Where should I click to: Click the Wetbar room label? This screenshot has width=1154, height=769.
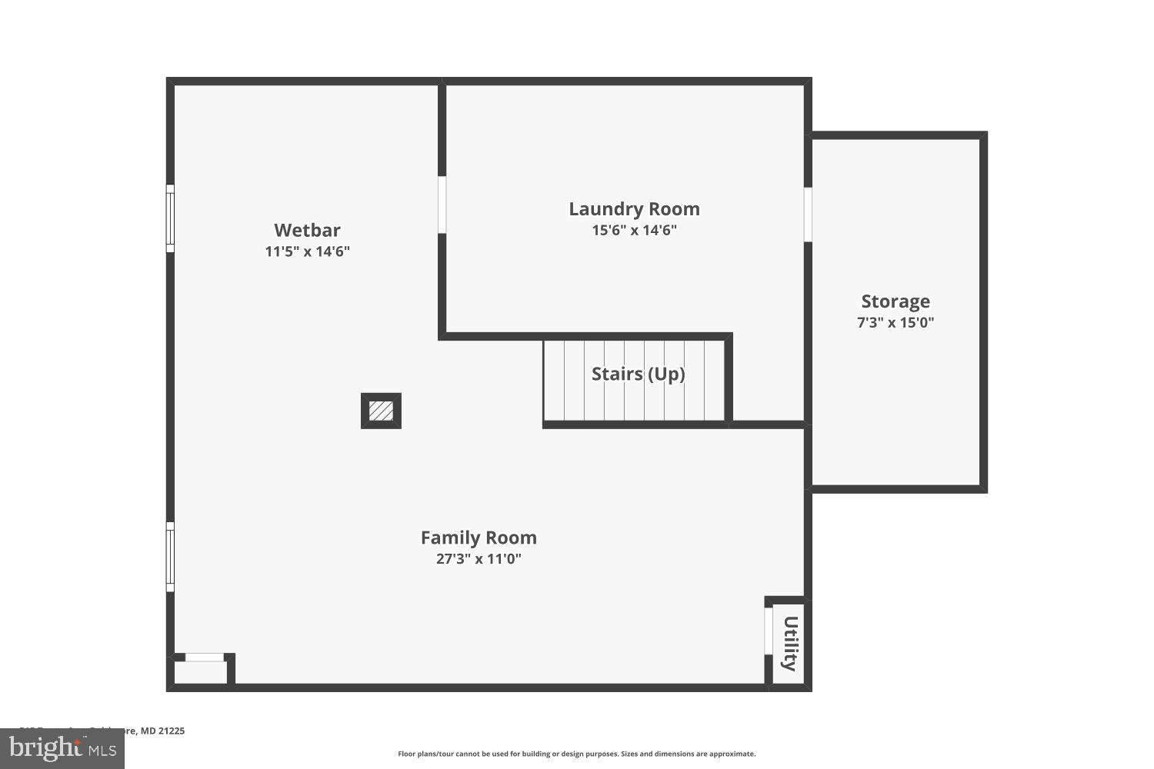point(307,230)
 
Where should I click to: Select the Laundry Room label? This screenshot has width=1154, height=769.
point(634,208)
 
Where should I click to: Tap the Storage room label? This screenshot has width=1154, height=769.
point(895,301)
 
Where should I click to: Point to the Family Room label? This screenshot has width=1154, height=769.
point(479,538)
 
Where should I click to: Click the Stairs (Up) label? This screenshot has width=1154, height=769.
point(638,374)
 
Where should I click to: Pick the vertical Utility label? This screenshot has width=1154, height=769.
point(789,643)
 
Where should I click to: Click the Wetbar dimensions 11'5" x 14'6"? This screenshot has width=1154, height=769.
point(307,251)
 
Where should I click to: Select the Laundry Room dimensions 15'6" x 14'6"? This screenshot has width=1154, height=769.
point(634,230)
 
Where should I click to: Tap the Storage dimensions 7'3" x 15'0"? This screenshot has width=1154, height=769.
point(895,323)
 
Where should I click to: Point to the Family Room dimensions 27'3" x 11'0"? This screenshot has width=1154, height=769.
point(479,559)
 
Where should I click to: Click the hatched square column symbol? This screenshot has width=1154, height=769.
point(381,411)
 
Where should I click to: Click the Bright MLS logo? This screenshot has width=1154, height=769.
point(62,747)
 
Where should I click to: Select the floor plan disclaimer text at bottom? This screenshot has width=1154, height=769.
point(576,754)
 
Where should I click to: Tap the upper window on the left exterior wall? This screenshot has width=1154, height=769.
point(170,218)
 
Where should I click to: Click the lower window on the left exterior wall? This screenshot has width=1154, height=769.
point(170,557)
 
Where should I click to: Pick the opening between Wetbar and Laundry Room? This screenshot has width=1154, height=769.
point(442,205)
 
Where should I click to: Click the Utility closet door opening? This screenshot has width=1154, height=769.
point(768,631)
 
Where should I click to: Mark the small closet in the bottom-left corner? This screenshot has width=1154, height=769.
point(200,671)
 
